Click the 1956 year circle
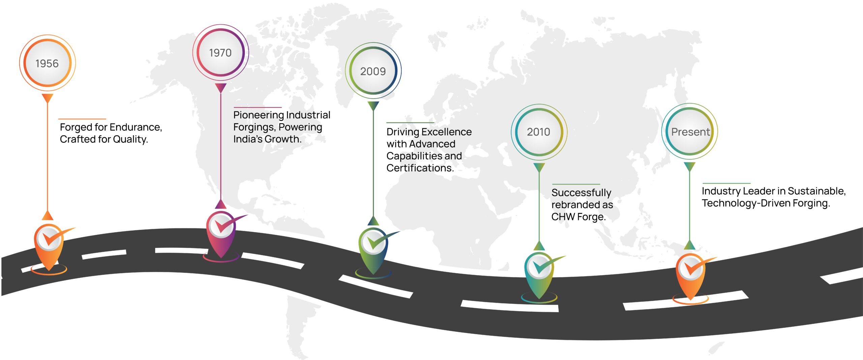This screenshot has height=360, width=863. pyautogui.click(x=47, y=63)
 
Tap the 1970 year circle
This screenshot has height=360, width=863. pyautogui.click(x=220, y=53)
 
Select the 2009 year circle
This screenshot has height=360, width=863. pyautogui.click(x=373, y=71)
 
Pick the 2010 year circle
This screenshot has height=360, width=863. pyautogui.click(x=539, y=132)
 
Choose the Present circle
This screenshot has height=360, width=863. pyautogui.click(x=690, y=131)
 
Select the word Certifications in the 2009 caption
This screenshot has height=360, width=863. pyautogui.click(x=420, y=168)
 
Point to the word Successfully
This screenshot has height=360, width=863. pyautogui.click(x=581, y=192)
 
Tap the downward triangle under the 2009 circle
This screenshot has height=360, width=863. pyautogui.click(x=373, y=106)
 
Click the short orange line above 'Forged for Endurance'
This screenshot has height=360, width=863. pyautogui.click(x=82, y=119)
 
